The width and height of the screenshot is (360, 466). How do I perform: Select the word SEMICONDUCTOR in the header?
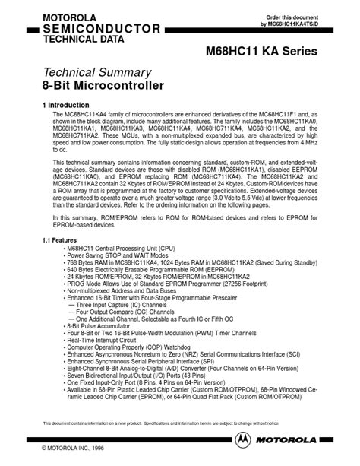[x=92, y=29]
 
